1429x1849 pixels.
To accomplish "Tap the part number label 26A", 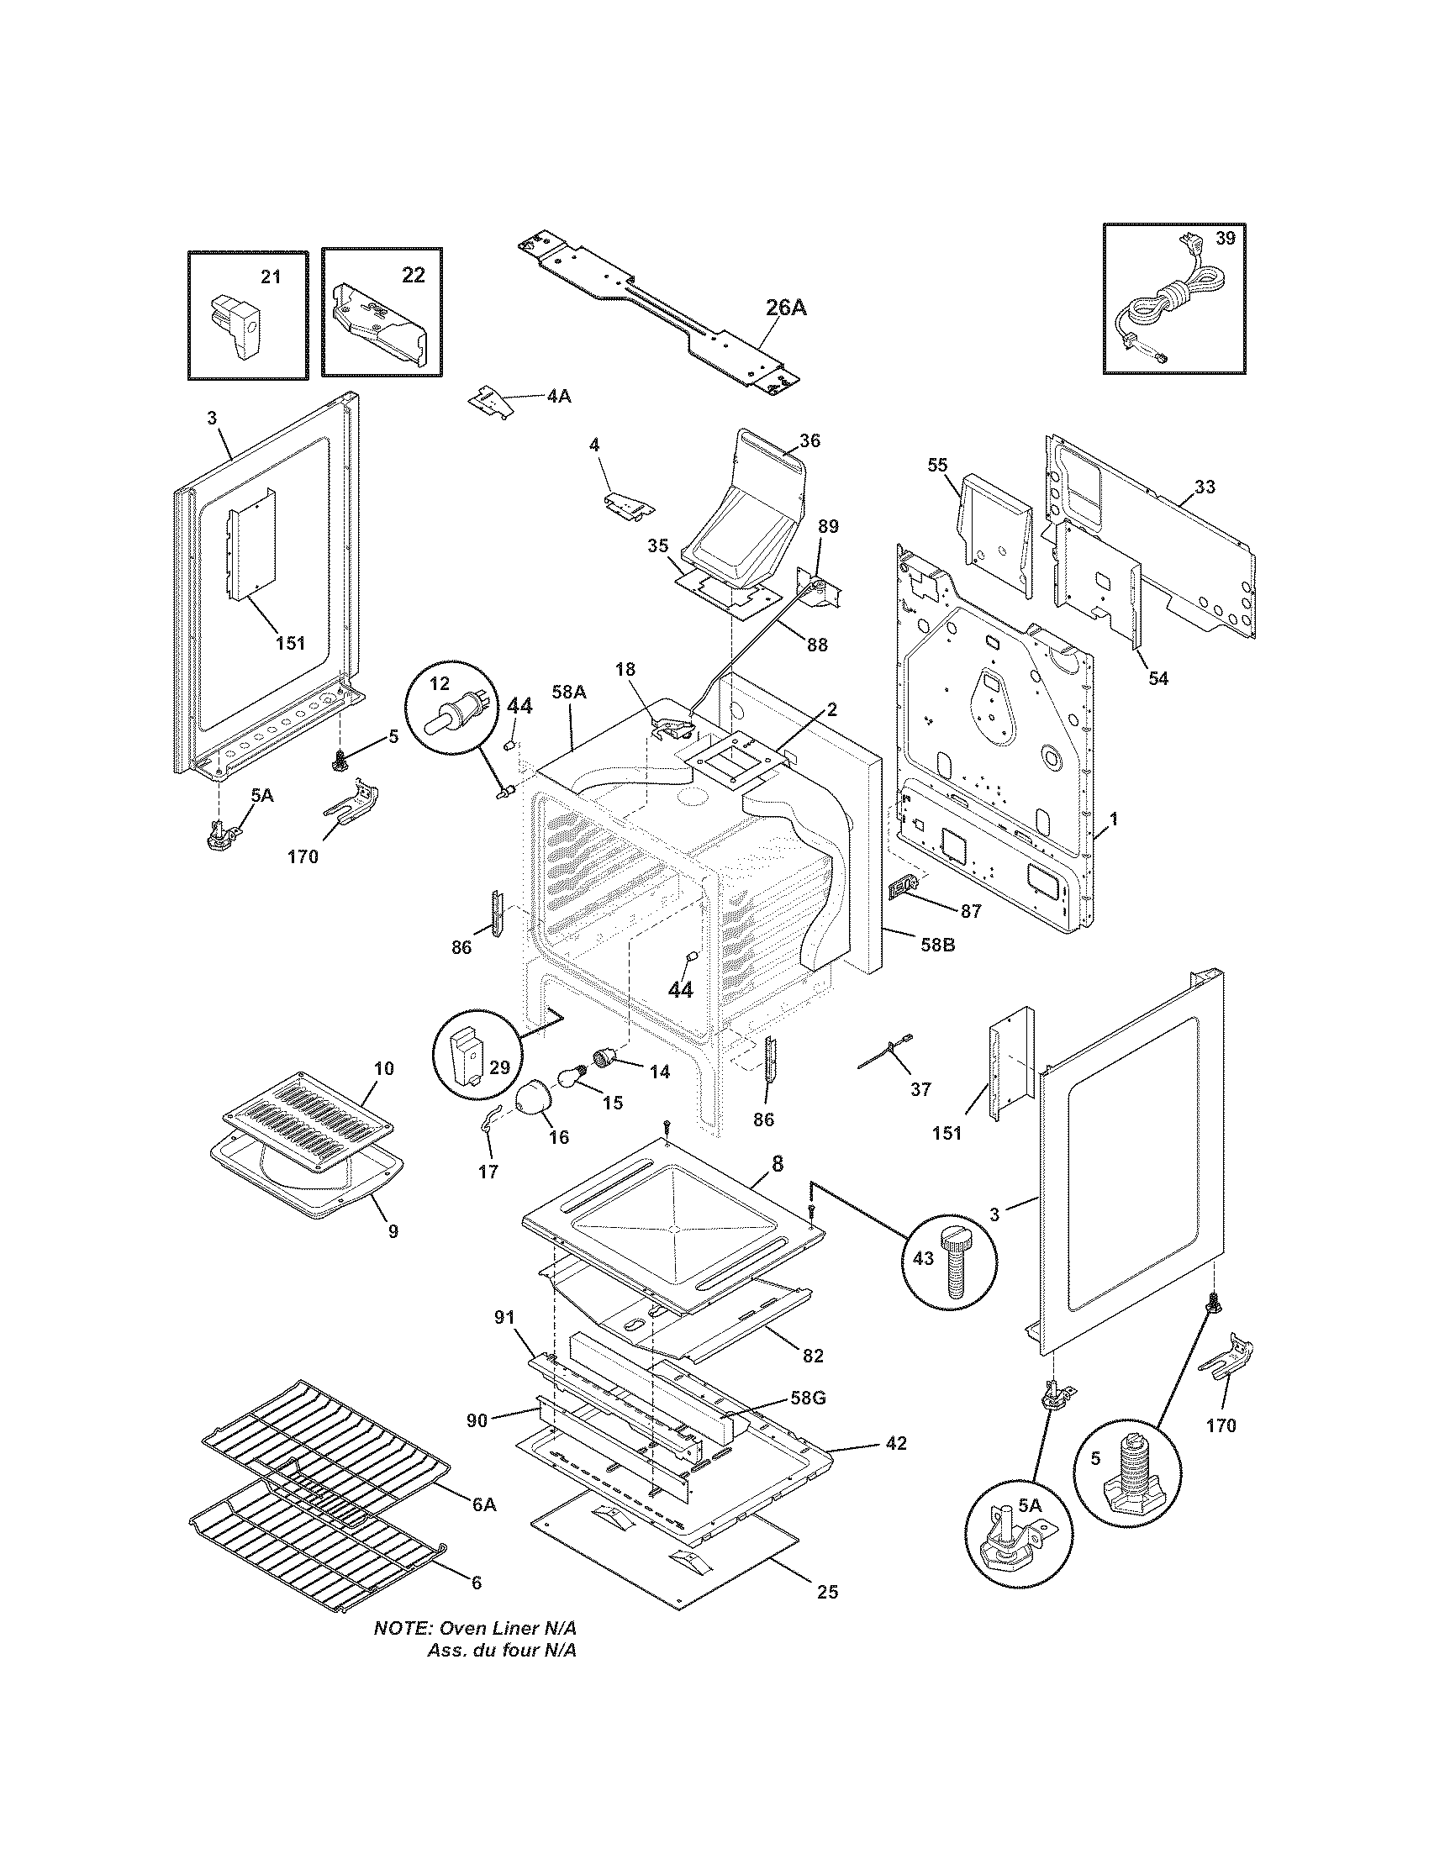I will (786, 308).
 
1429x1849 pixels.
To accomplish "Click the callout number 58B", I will (937, 945).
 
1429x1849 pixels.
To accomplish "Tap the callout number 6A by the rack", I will (483, 1504).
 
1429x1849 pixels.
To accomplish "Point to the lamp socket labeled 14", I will (606, 1058).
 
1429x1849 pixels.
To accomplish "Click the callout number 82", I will (812, 1356).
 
